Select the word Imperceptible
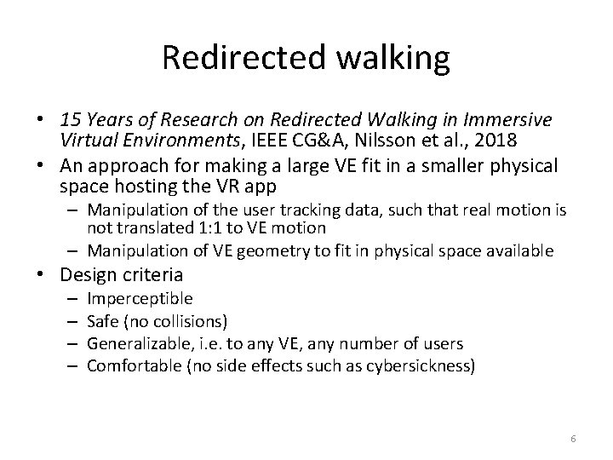(x=140, y=299)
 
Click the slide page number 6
(x=573, y=438)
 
